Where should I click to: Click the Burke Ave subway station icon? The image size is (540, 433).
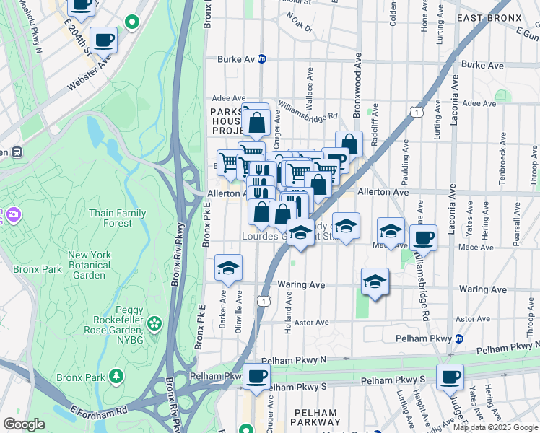(x=262, y=59)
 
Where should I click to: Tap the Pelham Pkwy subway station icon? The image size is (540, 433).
(x=458, y=338)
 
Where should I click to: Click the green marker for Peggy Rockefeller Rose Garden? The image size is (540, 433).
(x=154, y=322)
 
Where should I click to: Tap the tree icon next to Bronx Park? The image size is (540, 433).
(x=116, y=376)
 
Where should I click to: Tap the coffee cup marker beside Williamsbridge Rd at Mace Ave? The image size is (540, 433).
(x=423, y=237)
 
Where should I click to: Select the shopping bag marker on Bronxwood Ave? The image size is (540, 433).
(x=349, y=144)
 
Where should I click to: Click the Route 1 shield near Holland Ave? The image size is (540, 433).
(x=265, y=301)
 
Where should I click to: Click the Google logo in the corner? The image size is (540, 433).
(x=24, y=424)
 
